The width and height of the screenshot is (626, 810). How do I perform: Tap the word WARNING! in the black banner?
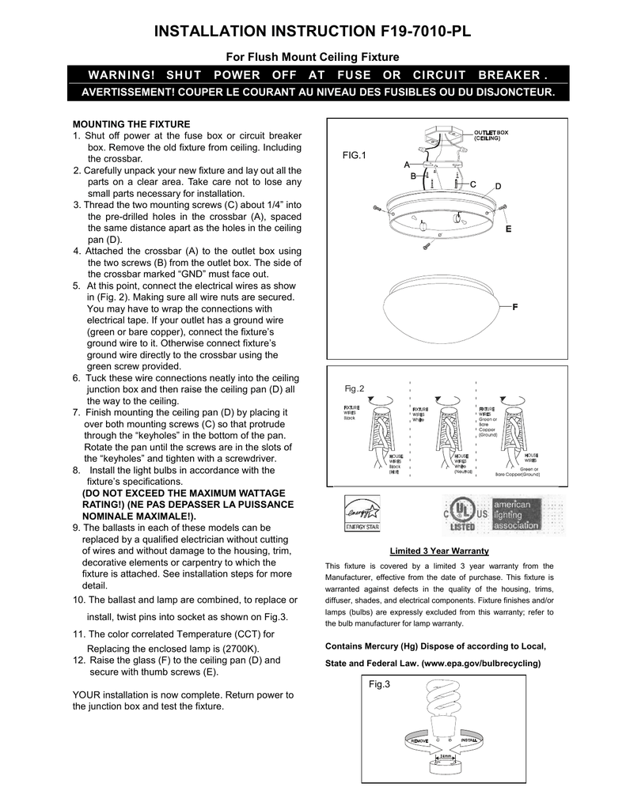tap(121, 76)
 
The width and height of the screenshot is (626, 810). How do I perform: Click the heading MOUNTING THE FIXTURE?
tap(131, 124)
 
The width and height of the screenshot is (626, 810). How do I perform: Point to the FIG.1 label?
tap(355, 156)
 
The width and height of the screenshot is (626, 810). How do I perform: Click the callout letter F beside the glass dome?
tap(515, 305)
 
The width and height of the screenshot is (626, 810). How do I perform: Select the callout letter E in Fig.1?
tap(508, 229)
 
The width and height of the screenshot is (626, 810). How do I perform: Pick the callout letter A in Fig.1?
tap(407, 165)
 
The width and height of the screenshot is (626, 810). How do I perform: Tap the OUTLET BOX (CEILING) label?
tap(491, 134)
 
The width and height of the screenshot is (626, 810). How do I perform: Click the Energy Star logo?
tap(361, 513)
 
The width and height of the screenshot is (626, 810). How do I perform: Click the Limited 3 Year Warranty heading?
tap(439, 551)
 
